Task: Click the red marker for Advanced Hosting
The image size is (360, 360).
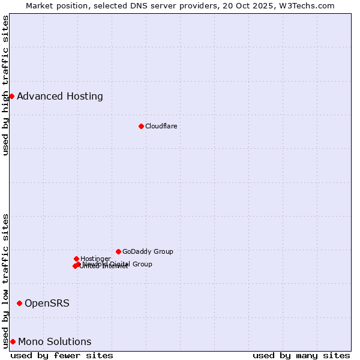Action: pyautogui.click(x=11, y=96)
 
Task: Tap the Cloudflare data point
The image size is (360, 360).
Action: pyautogui.click(x=141, y=126)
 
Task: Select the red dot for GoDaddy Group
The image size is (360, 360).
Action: pyautogui.click(x=118, y=251)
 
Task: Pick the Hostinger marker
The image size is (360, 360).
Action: pyautogui.click(x=76, y=259)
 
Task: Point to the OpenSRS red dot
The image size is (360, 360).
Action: pyautogui.click(x=19, y=303)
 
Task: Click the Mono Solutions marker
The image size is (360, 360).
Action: pyautogui.click(x=13, y=341)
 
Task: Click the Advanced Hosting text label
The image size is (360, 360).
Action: pyautogui.click(x=60, y=96)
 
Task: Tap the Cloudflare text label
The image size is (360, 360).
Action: pyautogui.click(x=161, y=126)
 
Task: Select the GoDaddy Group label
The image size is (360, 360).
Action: pyautogui.click(x=148, y=251)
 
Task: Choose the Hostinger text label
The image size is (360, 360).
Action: pyautogui.click(x=95, y=259)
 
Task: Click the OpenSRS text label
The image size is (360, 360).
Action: pyautogui.click(x=47, y=303)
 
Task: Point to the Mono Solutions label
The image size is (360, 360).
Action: pyautogui.click(x=55, y=341)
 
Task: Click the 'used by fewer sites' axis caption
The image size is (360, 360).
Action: pyautogui.click(x=62, y=355)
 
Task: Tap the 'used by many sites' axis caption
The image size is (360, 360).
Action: pyautogui.click(x=301, y=355)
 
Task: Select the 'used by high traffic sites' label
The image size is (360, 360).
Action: pyautogui.click(x=6, y=85)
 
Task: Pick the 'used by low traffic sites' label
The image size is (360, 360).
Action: pyautogui.click(x=6, y=281)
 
